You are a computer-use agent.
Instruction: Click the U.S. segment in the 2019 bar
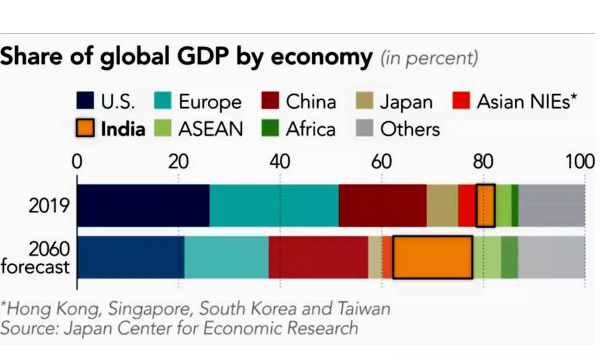coord(143,205)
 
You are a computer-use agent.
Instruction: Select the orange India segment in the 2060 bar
coord(432,257)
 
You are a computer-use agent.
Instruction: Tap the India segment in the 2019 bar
coord(485,205)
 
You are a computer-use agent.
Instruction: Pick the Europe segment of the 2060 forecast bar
coord(226,257)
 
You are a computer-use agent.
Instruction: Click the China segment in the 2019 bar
coord(382,205)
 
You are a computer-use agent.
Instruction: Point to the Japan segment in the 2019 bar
coord(442,205)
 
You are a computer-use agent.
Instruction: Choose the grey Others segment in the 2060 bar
coord(551,257)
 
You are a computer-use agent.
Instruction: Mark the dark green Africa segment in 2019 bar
coord(514,205)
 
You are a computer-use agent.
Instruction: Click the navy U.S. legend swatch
coord(86,101)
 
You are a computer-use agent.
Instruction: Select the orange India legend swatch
coord(86,128)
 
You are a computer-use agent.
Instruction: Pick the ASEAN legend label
coord(210,129)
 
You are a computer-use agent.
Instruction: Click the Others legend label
coord(410,129)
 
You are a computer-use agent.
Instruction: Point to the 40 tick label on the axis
coord(279,162)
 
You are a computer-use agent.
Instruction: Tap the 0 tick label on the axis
coord(76,162)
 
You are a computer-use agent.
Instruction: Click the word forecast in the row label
coord(35,266)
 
